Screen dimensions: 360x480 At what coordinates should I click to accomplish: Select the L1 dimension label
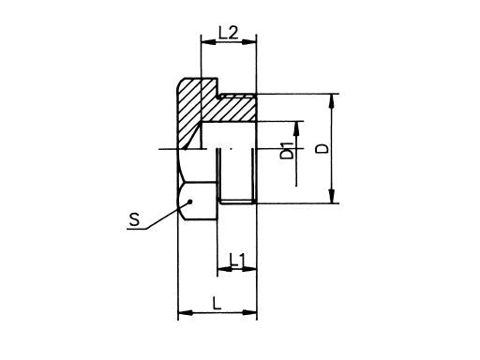[x=237, y=258]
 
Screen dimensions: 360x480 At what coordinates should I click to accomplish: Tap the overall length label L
[x=217, y=304]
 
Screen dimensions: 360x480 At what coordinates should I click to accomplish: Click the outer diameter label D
[x=322, y=149]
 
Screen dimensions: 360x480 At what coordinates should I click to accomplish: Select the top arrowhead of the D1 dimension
[x=299, y=125]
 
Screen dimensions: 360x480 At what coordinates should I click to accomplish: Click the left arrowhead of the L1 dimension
[x=221, y=270]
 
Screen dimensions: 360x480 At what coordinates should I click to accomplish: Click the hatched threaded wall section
[x=234, y=110]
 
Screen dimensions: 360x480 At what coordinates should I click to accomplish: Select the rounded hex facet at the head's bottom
[x=191, y=200]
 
